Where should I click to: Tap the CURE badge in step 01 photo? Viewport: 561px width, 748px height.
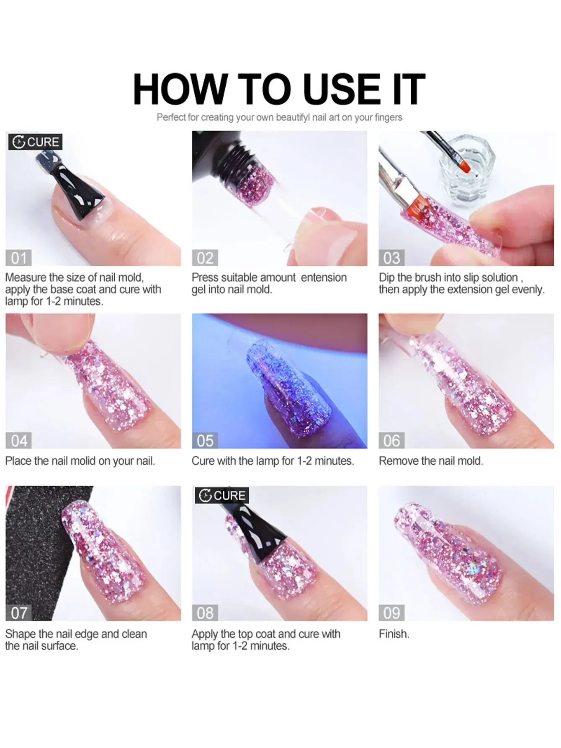36,142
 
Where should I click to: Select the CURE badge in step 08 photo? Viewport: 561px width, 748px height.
222,495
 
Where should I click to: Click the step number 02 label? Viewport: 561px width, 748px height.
205,258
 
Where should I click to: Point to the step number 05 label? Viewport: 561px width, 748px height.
205,441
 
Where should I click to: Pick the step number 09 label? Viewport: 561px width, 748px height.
391,613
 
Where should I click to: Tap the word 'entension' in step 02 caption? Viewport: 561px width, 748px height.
324,277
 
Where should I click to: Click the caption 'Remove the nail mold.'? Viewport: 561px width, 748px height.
431,461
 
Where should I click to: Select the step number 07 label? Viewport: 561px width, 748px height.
18,613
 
